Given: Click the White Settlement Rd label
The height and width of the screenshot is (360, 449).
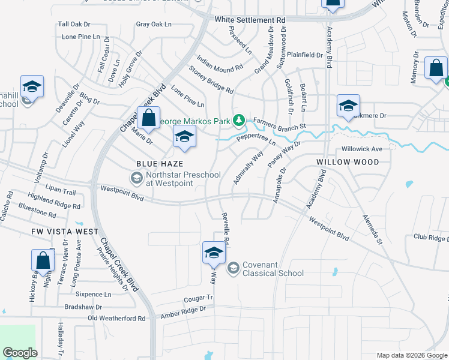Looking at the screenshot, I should tap(250, 20).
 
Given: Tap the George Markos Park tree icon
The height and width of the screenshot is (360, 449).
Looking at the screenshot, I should tap(239, 121).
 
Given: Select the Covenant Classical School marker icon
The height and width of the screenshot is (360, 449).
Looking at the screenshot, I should tap(234, 268).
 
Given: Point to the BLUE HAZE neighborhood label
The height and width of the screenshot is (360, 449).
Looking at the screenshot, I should tap(159, 163).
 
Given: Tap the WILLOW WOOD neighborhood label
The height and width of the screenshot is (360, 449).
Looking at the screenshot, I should tap(348, 162).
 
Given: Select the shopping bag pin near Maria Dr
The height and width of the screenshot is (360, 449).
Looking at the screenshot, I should tap(149, 117).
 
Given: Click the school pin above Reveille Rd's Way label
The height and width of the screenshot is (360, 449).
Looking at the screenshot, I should tap(214, 253).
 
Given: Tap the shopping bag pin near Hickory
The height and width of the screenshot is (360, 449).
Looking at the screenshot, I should tap(43, 260).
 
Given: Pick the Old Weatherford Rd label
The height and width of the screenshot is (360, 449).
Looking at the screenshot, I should tap(116, 319).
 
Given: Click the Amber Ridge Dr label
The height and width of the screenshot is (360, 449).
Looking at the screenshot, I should tap(183, 311).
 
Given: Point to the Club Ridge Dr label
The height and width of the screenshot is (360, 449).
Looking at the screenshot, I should tap(430, 238).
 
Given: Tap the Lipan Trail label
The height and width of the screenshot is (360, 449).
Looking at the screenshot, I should tap(60, 193).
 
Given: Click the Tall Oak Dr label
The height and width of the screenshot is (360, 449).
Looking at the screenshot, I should tap(74, 25).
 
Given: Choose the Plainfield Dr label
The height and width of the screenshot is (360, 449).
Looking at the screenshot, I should tap(305, 55).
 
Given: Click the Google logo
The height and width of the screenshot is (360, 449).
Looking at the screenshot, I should tap(20, 353).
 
